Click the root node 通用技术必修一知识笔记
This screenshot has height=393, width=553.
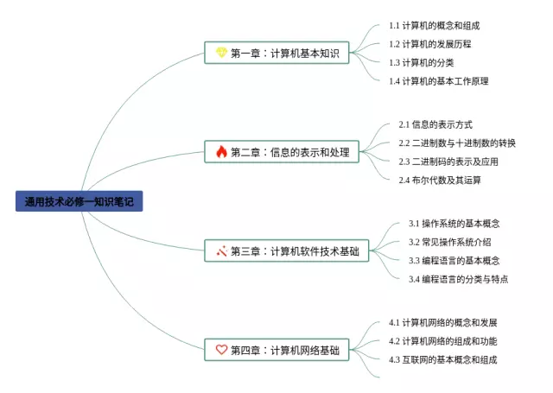tap(78, 202)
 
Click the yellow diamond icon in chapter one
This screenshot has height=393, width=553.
tap(221, 54)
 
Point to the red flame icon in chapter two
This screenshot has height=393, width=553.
tap(221, 152)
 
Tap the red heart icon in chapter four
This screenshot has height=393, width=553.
tap(221, 350)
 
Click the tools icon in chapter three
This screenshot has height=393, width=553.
tap(221, 251)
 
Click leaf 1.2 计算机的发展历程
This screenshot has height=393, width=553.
tap(430, 44)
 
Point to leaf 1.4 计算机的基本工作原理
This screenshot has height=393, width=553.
tap(439, 80)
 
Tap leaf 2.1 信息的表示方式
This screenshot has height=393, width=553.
tap(435, 125)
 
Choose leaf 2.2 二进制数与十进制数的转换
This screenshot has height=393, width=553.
tap(457, 143)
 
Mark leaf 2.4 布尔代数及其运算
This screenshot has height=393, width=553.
tap(440, 180)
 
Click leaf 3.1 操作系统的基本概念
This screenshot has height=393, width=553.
tap(454, 224)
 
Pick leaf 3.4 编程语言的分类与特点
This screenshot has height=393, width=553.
tap(459, 278)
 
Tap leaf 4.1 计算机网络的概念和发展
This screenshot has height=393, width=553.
tap(443, 323)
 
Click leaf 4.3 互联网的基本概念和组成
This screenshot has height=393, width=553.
tap(443, 359)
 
